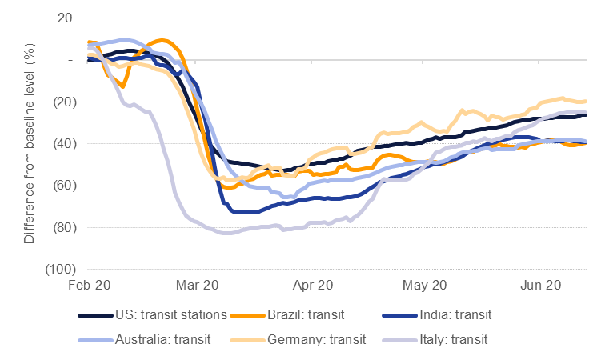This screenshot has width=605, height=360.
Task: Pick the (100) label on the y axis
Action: tap(58, 270)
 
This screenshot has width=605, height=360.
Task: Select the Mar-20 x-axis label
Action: tap(198, 286)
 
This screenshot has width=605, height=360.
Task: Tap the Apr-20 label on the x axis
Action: tap(313, 286)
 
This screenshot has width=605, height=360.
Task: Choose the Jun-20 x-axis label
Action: tap(539, 286)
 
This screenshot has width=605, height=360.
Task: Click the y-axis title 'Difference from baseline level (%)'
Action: tap(30, 144)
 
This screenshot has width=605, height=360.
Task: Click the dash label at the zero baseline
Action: tap(70, 60)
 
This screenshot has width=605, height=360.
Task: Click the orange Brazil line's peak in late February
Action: tap(162, 40)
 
